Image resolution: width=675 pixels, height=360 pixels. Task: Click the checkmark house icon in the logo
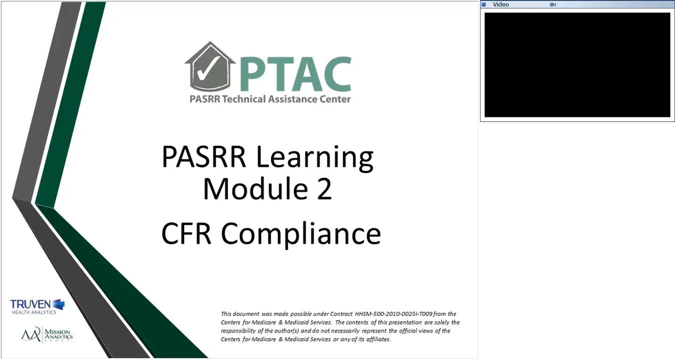[206, 68]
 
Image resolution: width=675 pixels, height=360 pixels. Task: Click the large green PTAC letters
[295, 73]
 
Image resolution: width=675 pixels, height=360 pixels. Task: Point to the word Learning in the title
[315, 158]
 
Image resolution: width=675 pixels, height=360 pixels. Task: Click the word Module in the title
[248, 190]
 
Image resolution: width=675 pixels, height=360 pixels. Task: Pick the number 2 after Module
[324, 190]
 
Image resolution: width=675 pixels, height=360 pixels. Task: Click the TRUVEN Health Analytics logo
[37, 306]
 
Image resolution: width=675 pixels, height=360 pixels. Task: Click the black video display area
[577, 65]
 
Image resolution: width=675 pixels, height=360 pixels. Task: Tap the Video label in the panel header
[500, 4]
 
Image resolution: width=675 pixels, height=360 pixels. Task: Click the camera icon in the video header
[552, 4]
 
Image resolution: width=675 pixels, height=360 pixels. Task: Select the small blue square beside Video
[483, 4]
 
